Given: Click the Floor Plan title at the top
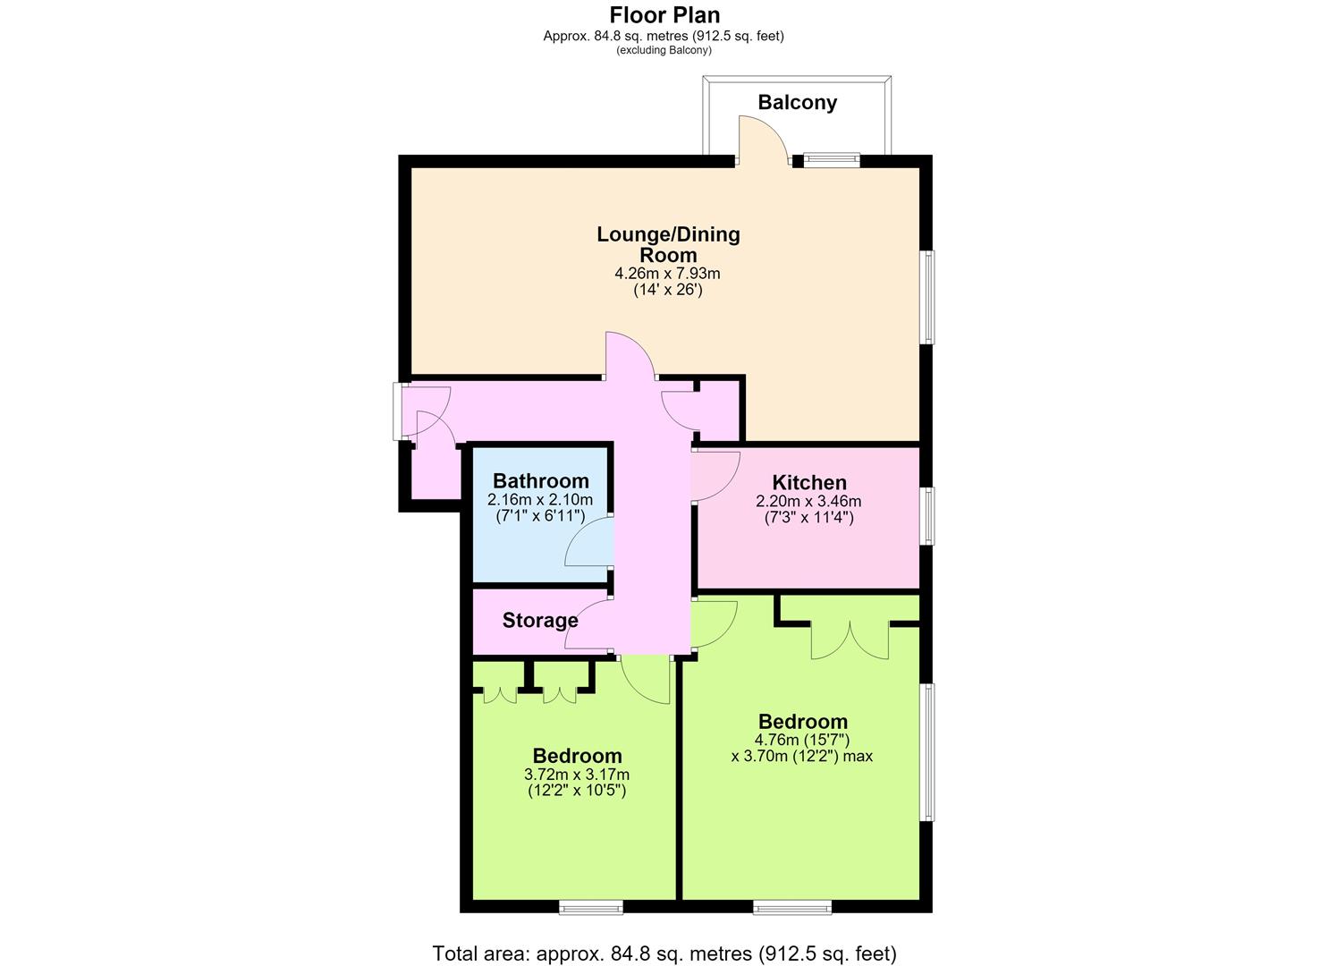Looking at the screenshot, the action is pos(664,15).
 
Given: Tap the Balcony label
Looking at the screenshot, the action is pos(798,102).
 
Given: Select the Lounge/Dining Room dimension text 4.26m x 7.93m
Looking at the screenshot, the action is pos(667,274).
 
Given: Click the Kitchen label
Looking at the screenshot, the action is pos(809,482).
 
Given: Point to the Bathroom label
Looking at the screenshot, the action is pos(541,480).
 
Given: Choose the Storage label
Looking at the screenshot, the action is pos(540,620).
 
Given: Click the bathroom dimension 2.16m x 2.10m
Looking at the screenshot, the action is pos(540,499).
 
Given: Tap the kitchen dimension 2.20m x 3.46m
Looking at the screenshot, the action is pos(808,501).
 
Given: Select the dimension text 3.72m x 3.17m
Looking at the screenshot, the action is pos(577,775).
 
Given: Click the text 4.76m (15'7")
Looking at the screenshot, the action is pos(802,740).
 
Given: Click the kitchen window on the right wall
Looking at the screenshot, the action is pos(930,515).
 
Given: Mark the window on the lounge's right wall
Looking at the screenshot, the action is pos(930,297).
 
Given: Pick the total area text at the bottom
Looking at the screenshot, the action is pos(664,953).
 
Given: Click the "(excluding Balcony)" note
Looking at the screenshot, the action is pos(664,50).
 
